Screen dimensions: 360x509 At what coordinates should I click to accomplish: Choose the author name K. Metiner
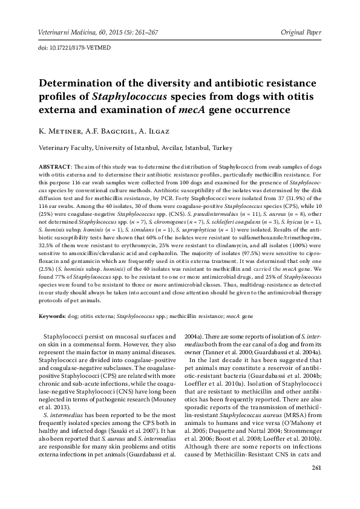(x=57, y=131)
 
